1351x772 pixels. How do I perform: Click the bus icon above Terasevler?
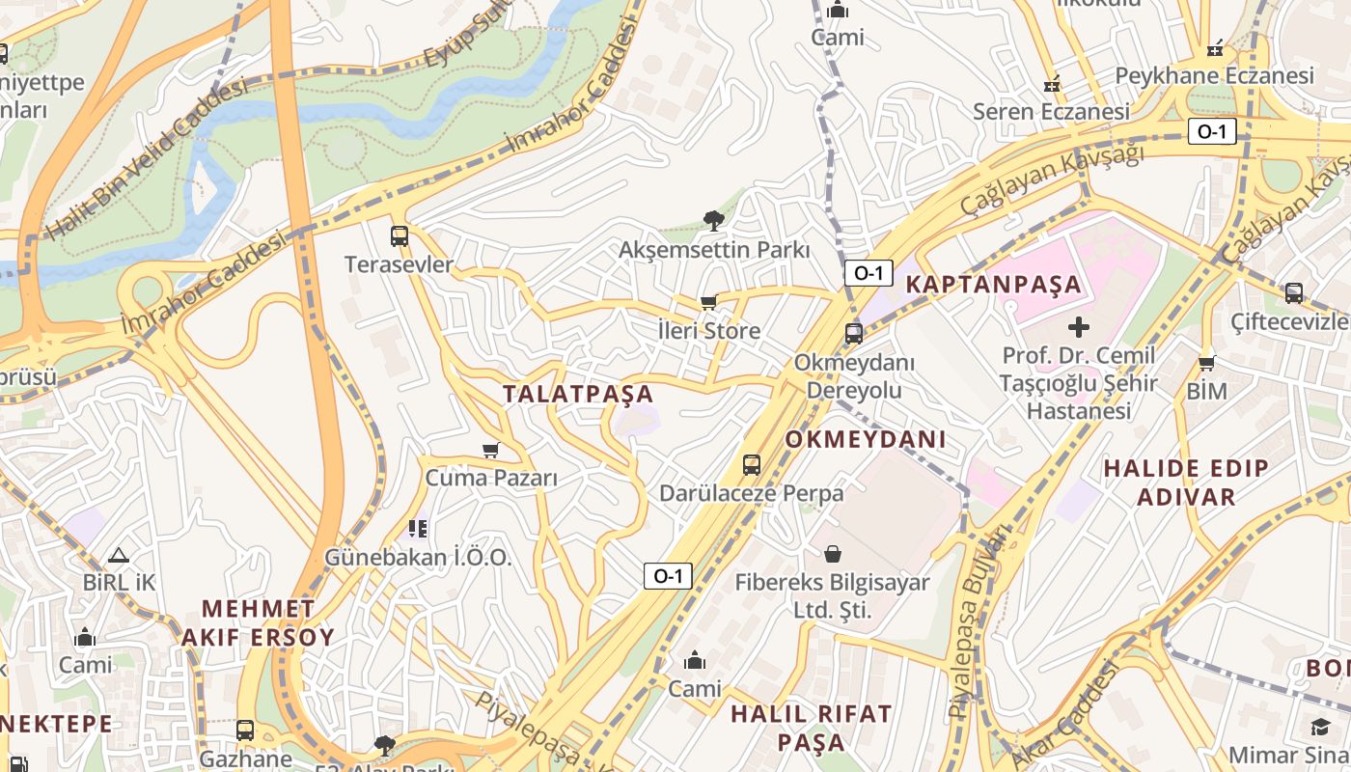(x=399, y=235)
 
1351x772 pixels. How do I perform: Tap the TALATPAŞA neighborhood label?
(x=578, y=394)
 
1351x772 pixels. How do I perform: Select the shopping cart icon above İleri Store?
(x=709, y=302)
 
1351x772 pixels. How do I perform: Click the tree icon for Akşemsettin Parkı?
(x=714, y=221)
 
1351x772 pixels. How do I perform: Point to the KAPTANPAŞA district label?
(x=993, y=285)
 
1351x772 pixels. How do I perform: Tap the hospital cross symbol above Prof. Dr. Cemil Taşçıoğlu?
(x=1078, y=327)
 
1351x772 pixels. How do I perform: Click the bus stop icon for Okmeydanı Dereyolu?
(x=854, y=334)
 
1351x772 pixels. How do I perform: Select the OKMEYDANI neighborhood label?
(x=866, y=440)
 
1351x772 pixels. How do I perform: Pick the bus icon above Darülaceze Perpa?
(x=752, y=464)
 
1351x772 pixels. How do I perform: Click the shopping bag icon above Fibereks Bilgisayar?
(x=832, y=554)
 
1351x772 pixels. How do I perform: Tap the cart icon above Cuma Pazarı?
(x=491, y=450)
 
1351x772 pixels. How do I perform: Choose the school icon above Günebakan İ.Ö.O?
(x=418, y=528)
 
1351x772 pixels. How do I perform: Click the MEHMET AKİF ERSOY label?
(x=258, y=622)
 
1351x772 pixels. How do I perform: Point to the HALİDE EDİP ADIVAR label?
(x=1186, y=482)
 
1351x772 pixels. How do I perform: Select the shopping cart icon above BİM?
(x=1206, y=363)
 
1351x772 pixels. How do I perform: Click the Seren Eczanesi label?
(x=1051, y=111)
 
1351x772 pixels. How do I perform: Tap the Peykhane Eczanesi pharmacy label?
(x=1214, y=75)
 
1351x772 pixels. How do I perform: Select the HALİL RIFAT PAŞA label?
(x=811, y=728)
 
